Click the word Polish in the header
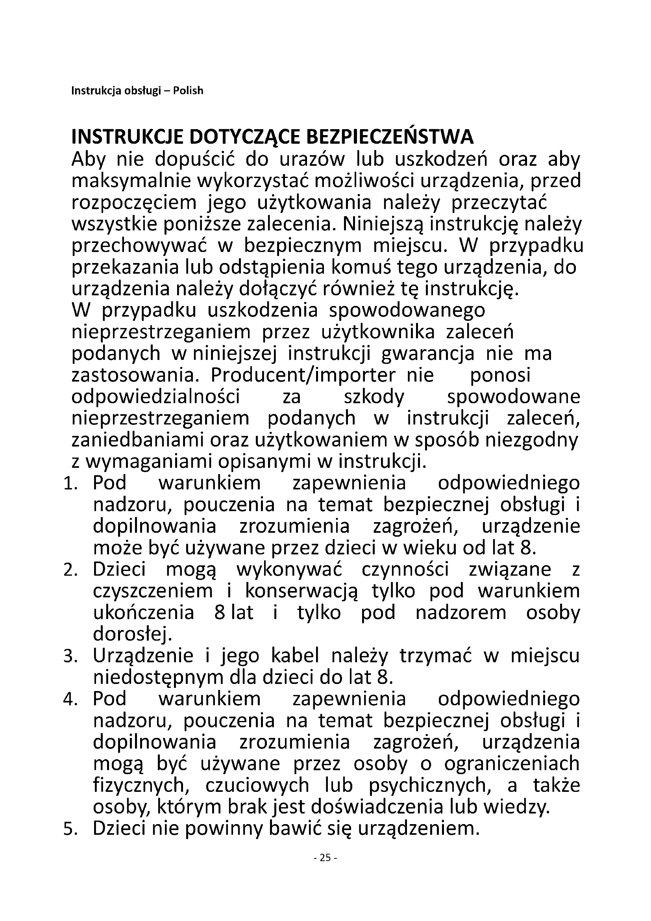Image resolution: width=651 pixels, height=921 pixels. click(x=188, y=91)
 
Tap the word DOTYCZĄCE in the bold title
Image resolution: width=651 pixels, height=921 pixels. click(x=244, y=137)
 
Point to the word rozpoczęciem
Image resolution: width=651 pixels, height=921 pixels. click(x=134, y=203)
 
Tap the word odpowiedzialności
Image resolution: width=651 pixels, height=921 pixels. click(x=155, y=397)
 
